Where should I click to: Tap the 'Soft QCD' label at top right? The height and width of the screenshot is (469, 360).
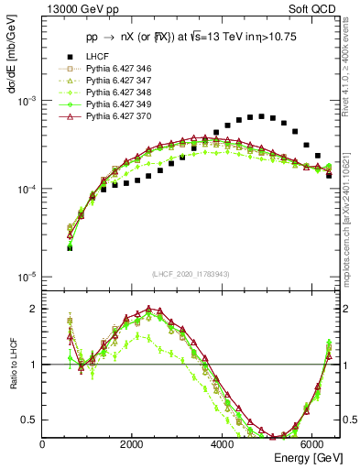(315, 9)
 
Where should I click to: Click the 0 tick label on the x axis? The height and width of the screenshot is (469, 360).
(43, 444)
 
